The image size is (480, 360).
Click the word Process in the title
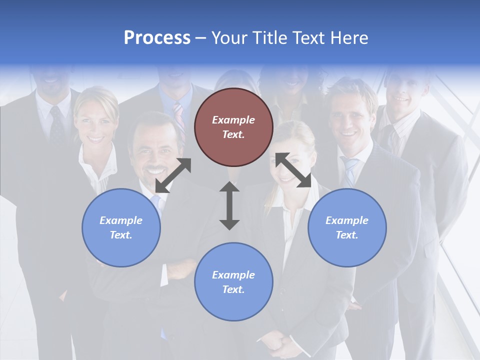(x=157, y=38)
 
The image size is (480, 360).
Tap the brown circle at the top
(x=233, y=127)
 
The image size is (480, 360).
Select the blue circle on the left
(x=121, y=227)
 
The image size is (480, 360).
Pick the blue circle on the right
(x=347, y=227)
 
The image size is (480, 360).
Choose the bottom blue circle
(x=233, y=282)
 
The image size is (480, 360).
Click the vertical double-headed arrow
(x=229, y=205)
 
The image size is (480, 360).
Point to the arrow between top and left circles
(x=173, y=175)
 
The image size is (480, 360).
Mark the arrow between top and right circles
(x=293, y=170)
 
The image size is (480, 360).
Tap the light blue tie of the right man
(x=350, y=170)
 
